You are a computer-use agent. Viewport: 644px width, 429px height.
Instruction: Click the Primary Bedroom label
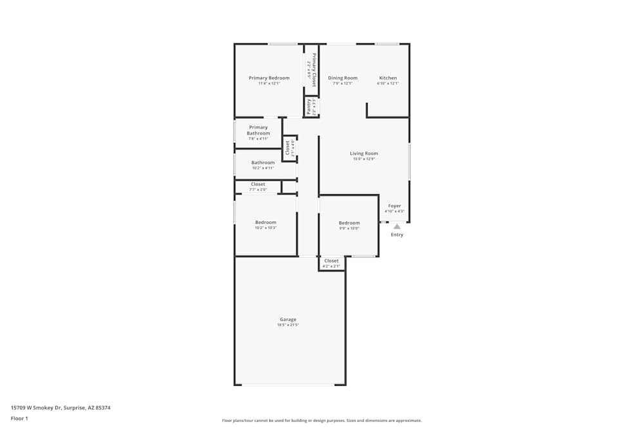[269, 78]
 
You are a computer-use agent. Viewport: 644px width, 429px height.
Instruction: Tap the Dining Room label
[343, 78]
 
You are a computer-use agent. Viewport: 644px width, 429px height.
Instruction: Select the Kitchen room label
[388, 78]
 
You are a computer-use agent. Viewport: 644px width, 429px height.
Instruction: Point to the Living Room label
[364, 154]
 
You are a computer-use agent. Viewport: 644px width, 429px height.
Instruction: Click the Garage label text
[288, 320]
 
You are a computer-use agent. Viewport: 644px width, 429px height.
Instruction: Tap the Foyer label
[394, 206]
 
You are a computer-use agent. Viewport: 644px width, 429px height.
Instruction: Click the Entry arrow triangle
[397, 226]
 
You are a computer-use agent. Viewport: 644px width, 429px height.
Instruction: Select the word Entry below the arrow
[397, 235]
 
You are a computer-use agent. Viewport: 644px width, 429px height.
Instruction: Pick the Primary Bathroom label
[258, 131]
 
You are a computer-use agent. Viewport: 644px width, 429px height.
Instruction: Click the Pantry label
[308, 105]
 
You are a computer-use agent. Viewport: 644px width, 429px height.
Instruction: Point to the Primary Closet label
[314, 69]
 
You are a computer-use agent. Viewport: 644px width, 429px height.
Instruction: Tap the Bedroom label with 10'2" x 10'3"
[265, 223]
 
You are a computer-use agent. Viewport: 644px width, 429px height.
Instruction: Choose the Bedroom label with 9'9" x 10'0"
[349, 223]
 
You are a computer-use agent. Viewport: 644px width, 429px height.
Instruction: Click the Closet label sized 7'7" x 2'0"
[258, 185]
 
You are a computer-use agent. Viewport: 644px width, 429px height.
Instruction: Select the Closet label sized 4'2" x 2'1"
[331, 260]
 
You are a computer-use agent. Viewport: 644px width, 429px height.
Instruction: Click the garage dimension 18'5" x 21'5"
[288, 325]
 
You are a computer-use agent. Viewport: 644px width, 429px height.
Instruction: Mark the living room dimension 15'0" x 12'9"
[364, 160]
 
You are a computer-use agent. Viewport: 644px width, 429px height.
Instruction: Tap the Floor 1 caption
[19, 418]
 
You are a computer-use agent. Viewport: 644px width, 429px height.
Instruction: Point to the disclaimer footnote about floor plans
[322, 421]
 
